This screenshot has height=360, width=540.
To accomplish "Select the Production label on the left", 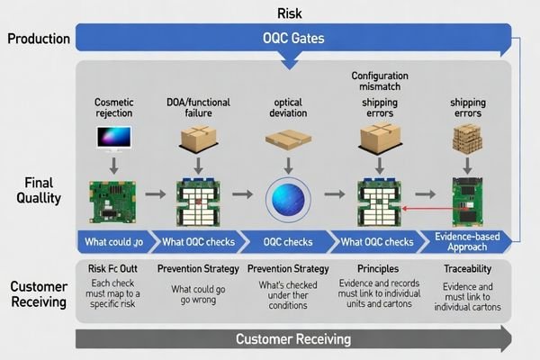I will [38, 39].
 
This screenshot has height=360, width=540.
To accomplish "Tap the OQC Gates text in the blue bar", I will [292, 39].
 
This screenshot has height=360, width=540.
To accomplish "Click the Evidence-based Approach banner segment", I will [467, 241].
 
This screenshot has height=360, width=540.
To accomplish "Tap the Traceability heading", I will [467, 269].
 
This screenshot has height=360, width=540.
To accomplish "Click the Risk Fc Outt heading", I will [112, 269].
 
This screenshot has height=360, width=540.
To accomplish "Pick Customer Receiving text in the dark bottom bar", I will [292, 338].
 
